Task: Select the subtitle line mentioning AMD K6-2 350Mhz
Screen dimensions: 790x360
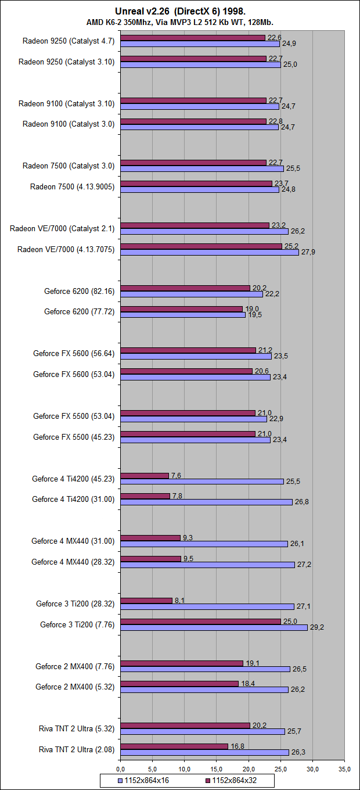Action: (x=180, y=22)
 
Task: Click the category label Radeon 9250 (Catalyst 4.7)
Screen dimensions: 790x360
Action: (x=69, y=41)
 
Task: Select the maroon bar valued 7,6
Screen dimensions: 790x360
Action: (x=145, y=476)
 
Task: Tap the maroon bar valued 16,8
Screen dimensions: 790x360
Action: (x=174, y=746)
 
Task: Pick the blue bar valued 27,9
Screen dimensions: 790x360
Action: (x=210, y=252)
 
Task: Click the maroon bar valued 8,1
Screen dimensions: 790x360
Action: (x=146, y=601)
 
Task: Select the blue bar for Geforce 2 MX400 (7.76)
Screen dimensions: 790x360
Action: (x=205, y=669)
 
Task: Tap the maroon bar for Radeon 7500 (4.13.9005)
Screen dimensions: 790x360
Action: (x=196, y=184)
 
